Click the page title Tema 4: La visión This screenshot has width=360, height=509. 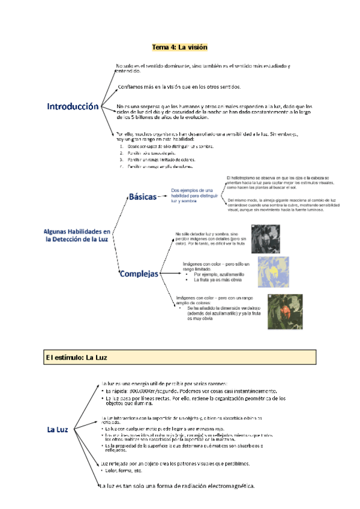(179, 47)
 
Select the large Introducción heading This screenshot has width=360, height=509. (73, 106)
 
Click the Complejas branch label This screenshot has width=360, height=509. (139, 274)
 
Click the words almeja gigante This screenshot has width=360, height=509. (282, 200)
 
